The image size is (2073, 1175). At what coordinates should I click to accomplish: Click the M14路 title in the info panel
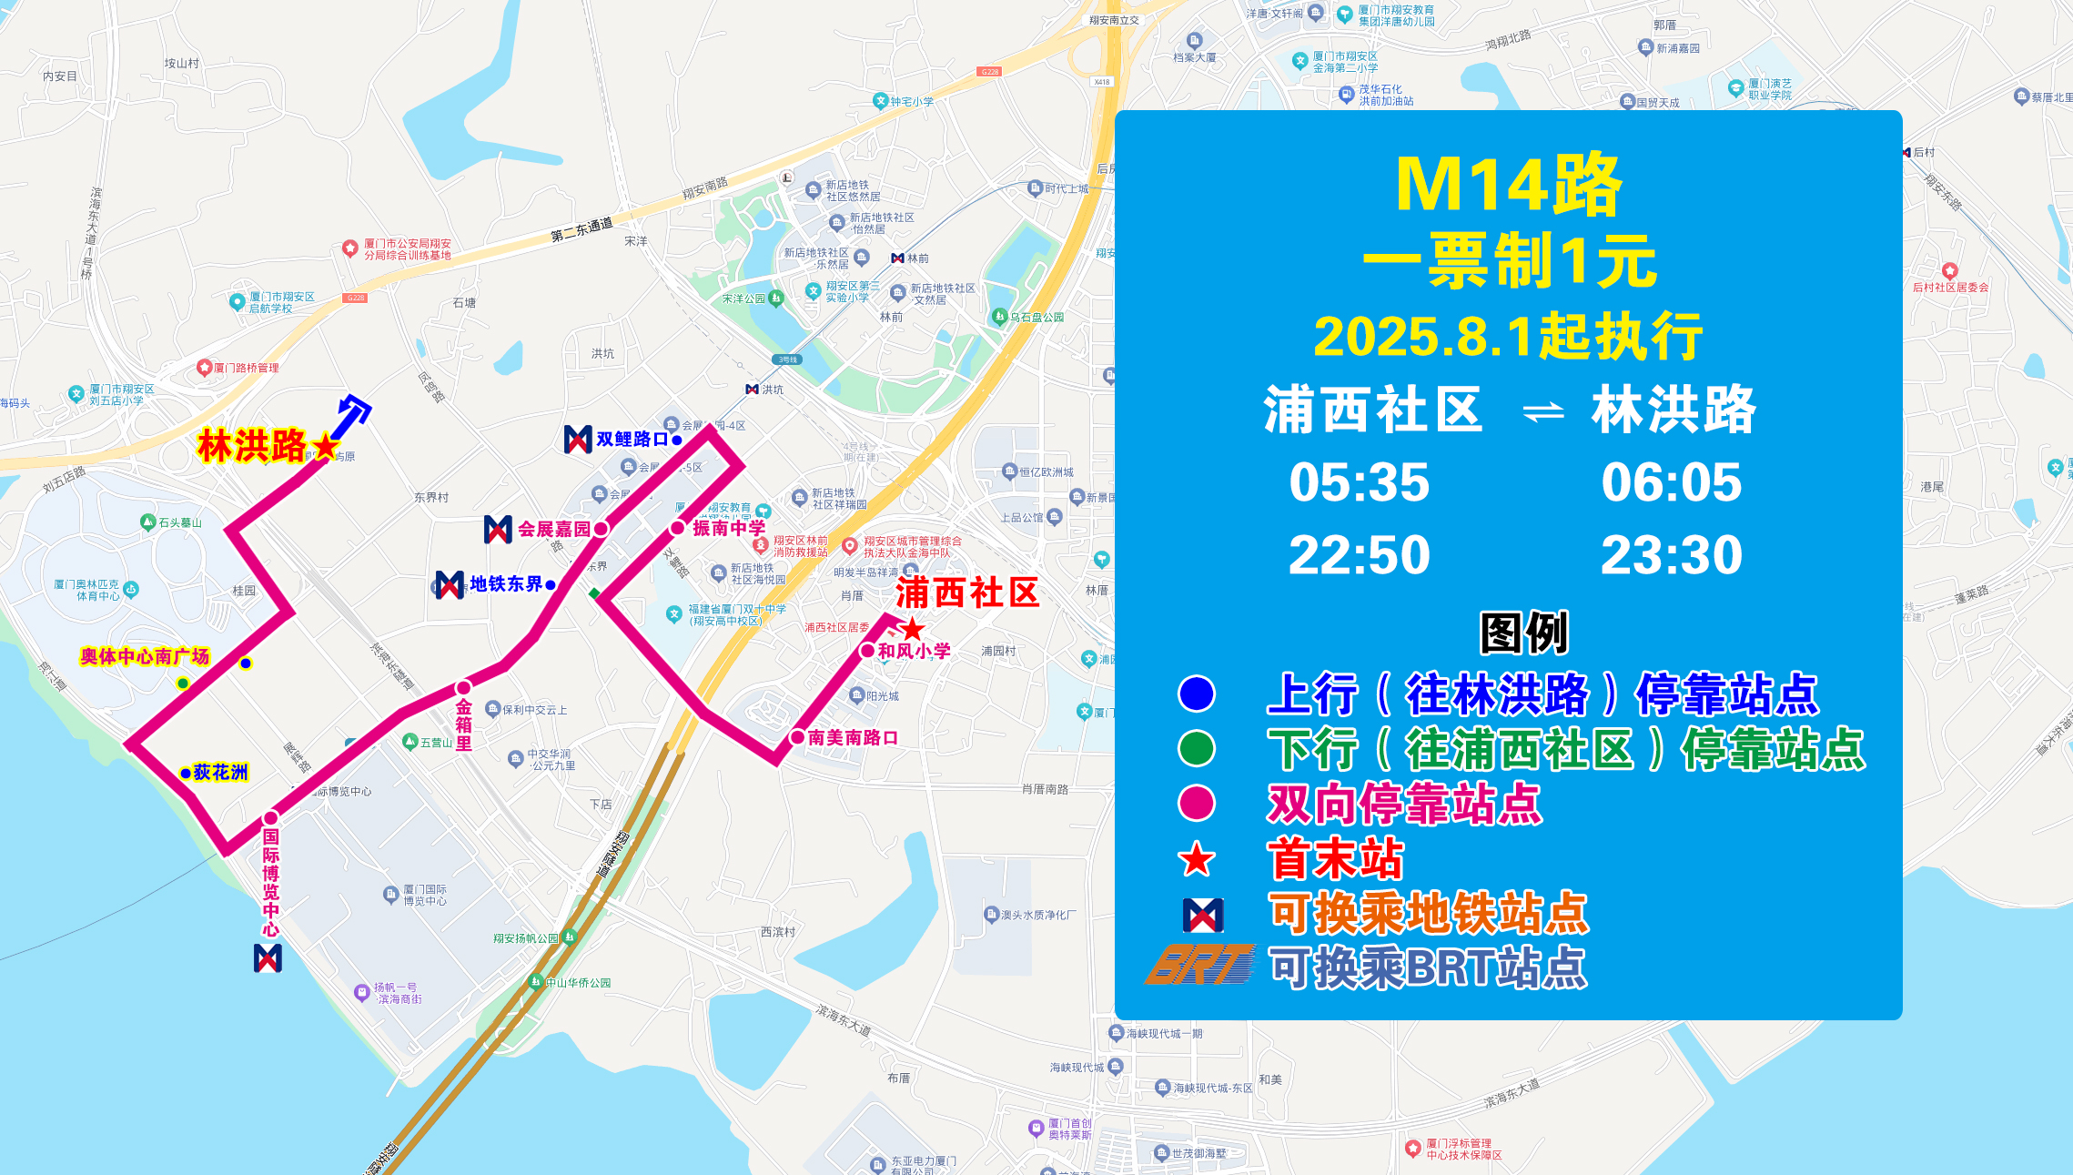[x=1508, y=186]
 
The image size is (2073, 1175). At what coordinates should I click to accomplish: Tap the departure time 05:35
[x=1359, y=482]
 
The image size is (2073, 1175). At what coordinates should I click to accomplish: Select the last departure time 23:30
[x=1671, y=555]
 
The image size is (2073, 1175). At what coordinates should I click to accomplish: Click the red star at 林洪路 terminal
[x=325, y=446]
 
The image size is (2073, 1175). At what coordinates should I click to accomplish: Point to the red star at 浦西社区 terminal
[x=912, y=628]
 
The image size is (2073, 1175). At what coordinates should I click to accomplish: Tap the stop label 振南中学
[x=729, y=528]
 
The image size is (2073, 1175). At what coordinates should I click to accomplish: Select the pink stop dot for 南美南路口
[x=797, y=737]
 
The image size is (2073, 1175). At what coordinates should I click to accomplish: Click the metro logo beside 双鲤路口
[x=578, y=439]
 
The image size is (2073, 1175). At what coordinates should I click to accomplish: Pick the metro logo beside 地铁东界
[x=450, y=584]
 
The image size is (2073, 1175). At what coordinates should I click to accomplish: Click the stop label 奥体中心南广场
[x=145, y=656]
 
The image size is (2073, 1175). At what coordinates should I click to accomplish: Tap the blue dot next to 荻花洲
[x=186, y=773]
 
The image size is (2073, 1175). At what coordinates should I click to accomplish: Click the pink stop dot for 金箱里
[x=464, y=687]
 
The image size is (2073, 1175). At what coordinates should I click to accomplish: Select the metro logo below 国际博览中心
[x=268, y=957]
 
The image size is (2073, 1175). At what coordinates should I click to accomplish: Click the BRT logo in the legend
[x=1200, y=966]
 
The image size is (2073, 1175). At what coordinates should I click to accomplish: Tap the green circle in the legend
[x=1196, y=748]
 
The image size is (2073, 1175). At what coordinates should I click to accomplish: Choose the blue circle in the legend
[x=1196, y=694]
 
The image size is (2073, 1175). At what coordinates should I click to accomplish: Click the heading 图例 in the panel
[x=1523, y=633]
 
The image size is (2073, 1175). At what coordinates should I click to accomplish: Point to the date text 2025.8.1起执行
[x=1508, y=337]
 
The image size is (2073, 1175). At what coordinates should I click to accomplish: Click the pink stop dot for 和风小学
[x=867, y=651]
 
